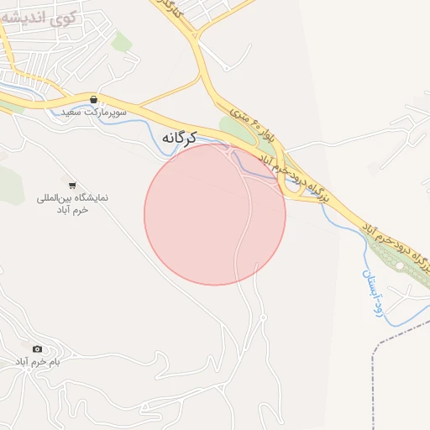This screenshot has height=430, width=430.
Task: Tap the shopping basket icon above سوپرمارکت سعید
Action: tap(93, 100)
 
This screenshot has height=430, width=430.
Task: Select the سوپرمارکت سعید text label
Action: tap(93, 112)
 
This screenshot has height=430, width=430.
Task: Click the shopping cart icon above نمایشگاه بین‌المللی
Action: tap(72, 185)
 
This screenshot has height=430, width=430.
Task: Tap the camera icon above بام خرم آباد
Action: tap(37, 349)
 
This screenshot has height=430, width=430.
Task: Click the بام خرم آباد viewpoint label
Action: tap(38, 361)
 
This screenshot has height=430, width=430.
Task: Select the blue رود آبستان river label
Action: tap(373, 291)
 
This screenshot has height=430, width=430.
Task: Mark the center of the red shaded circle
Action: tap(215, 214)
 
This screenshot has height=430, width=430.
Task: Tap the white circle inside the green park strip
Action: tap(401, 265)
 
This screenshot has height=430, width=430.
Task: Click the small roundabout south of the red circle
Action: tap(263, 317)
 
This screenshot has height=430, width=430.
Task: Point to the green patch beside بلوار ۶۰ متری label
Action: tap(230, 127)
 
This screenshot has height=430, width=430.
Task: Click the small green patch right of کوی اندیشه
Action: tap(123, 40)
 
